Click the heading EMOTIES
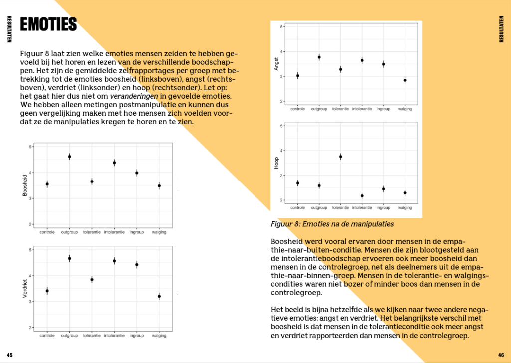point(48,24)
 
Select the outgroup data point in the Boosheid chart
point(69,157)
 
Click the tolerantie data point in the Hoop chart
point(341,157)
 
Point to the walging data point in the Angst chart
point(405,80)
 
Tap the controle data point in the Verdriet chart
point(47,291)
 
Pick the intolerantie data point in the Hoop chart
point(362,196)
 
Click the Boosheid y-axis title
point(25,185)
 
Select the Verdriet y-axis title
point(25,289)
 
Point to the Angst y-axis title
point(276,63)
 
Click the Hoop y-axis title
point(276,163)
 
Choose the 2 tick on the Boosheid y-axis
point(30,224)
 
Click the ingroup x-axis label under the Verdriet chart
point(136,336)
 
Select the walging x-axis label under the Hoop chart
point(405,208)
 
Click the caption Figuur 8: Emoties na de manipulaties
point(332,224)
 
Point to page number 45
point(9,355)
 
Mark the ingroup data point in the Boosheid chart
point(136,173)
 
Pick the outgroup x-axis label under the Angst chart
point(319,109)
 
